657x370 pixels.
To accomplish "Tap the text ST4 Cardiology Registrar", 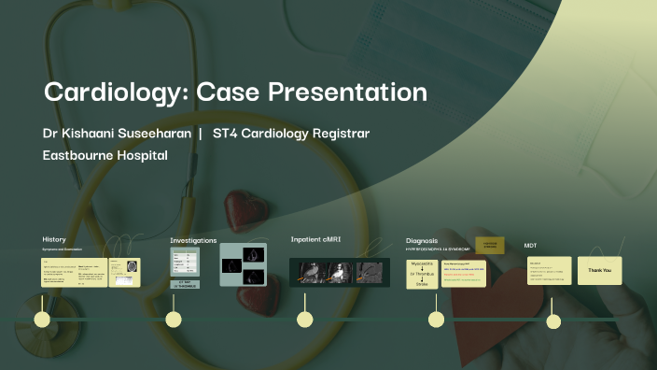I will (x=291, y=134).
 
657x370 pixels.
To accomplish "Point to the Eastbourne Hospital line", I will (x=105, y=155).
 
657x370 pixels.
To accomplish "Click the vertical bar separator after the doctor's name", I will (x=201, y=134).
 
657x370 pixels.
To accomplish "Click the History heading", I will (x=54, y=239).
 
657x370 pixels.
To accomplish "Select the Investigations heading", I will (x=193, y=240).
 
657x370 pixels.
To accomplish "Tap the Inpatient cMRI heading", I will (x=316, y=239).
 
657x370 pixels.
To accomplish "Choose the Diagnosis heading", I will (x=422, y=240).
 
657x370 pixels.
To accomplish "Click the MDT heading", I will (x=530, y=245).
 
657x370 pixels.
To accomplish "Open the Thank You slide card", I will (x=599, y=270).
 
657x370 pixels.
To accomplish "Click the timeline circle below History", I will (x=42, y=320).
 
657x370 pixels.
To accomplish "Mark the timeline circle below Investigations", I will (x=174, y=320).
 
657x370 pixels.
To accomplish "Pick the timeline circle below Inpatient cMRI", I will (x=304, y=320).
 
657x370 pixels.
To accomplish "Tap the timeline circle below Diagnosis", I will (x=436, y=320).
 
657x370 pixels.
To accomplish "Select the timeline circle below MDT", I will (x=553, y=321).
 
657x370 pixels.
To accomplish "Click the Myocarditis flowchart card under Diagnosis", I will (x=423, y=274).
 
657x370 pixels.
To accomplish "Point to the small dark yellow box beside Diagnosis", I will (x=490, y=245).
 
